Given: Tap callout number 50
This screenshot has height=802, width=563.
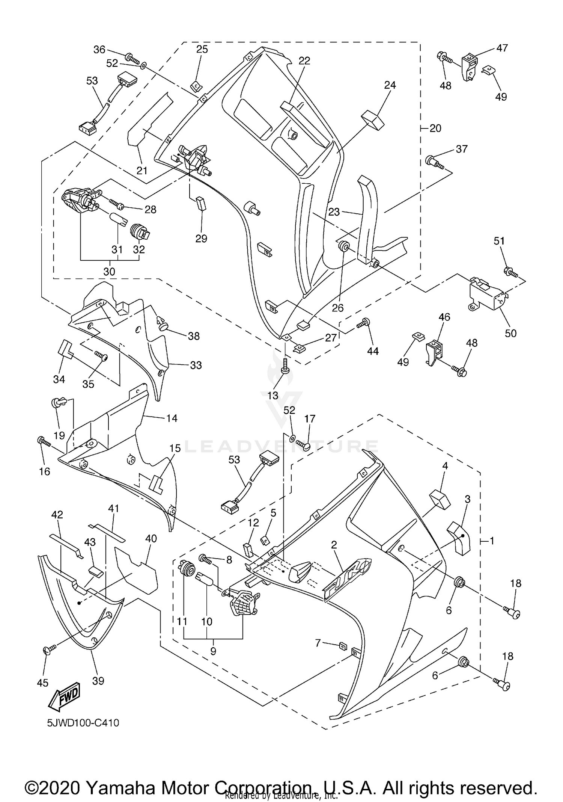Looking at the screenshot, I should (510, 333).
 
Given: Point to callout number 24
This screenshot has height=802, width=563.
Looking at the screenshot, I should (390, 85).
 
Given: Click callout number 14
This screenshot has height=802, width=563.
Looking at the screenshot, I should (172, 418).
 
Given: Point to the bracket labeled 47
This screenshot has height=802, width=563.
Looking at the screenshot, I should (470, 67).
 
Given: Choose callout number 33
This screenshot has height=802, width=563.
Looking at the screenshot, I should (196, 365).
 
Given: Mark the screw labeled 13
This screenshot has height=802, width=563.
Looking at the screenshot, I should (285, 367).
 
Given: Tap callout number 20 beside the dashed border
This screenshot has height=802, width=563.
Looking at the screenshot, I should (435, 128).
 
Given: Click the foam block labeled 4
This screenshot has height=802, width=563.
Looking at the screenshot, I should (439, 499).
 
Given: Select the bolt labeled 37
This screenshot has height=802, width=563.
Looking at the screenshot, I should (434, 163).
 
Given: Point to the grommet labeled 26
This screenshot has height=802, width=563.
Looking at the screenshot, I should (343, 246).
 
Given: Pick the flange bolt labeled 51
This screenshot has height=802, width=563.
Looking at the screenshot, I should (511, 272).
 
